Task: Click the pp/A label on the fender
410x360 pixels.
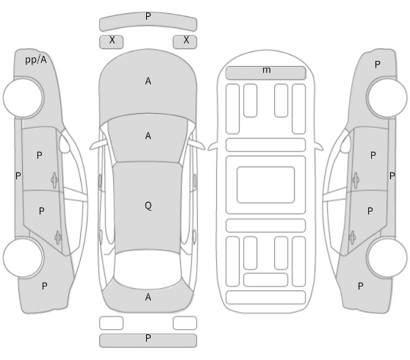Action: (x=36, y=60)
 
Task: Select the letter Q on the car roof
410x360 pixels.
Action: (x=148, y=206)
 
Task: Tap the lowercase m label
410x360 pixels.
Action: (x=267, y=70)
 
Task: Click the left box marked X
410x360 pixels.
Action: (x=111, y=42)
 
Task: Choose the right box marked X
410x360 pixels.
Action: (x=185, y=42)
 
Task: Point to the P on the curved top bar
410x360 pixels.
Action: (x=148, y=16)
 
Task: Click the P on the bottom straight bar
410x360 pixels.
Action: (x=148, y=338)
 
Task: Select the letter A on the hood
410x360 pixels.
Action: (x=148, y=81)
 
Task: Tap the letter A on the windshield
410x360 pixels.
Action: (x=148, y=136)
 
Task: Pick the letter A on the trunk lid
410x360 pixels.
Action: (x=148, y=297)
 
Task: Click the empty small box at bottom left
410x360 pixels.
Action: (x=111, y=323)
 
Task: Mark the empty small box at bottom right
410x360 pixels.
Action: (x=185, y=323)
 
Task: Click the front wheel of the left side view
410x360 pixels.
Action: (x=24, y=97)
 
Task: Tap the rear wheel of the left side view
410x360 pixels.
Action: (x=24, y=257)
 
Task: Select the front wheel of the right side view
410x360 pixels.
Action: (x=386, y=97)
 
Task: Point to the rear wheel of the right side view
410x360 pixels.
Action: (x=386, y=257)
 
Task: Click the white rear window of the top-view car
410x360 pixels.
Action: (x=148, y=270)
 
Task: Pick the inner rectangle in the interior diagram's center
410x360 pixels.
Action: (x=266, y=184)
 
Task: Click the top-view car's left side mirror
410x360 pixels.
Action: (x=98, y=145)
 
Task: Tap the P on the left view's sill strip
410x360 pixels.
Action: (x=18, y=176)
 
